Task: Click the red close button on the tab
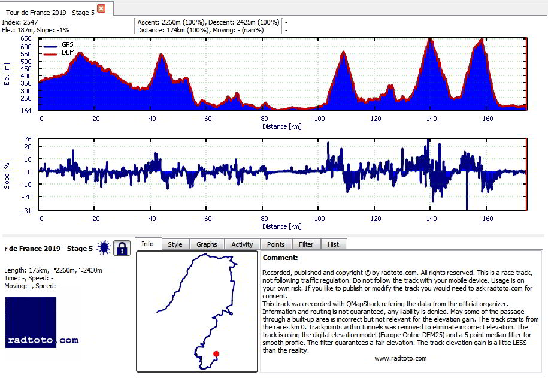tap(101, 8)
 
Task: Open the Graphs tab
tap(207, 244)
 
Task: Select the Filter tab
tap(306, 244)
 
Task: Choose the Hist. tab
tap(334, 244)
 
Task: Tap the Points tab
tap(275, 244)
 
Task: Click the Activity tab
tap(242, 244)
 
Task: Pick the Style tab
tap(175, 244)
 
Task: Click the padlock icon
tap(122, 248)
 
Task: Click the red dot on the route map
tap(216, 354)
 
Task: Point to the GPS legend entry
tap(59, 45)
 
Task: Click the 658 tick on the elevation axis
tap(26, 38)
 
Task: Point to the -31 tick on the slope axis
tap(27, 210)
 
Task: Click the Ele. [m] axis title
tap(7, 74)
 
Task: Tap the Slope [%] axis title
tap(7, 174)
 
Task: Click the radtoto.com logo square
tap(31, 322)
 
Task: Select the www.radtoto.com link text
tap(401, 358)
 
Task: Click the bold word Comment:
tap(280, 258)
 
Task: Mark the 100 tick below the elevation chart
tap(319, 119)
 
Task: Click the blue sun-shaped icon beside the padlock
tap(104, 248)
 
